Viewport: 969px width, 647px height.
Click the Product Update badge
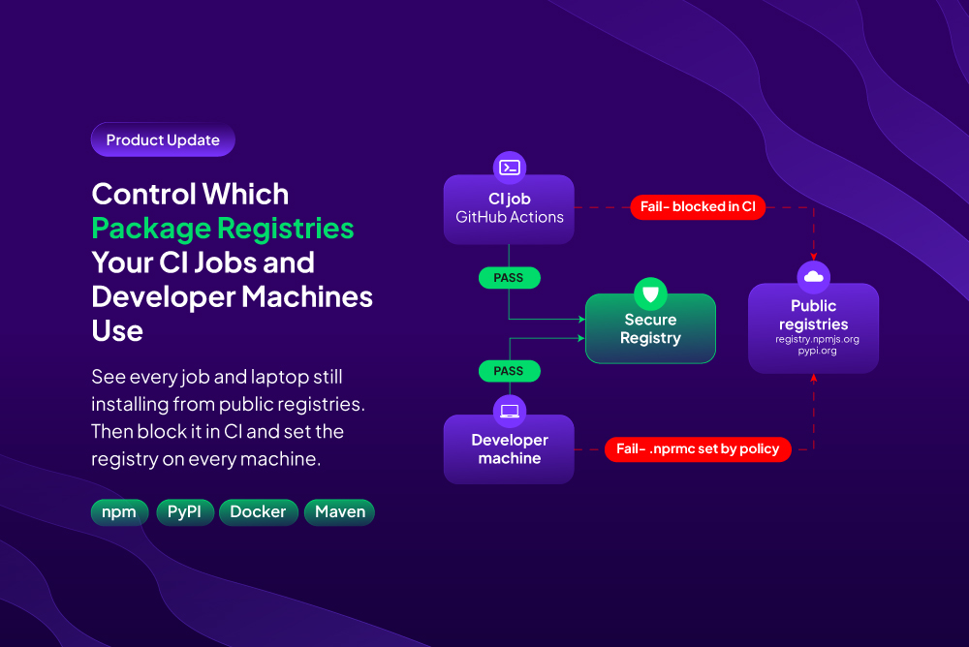[x=163, y=139]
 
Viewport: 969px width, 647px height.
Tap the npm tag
[x=119, y=512]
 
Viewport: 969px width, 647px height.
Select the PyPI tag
[x=185, y=512]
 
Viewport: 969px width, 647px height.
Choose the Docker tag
[x=259, y=512]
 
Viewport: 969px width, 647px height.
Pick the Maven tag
[x=340, y=512]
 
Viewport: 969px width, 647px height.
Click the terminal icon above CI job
[x=510, y=168]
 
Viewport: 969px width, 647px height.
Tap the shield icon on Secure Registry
[x=650, y=293]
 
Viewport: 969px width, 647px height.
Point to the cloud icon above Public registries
[x=813, y=277]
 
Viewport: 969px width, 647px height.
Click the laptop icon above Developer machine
[x=510, y=411]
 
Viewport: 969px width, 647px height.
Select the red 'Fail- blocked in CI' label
[x=698, y=207]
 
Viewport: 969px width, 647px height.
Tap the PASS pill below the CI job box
[x=510, y=278]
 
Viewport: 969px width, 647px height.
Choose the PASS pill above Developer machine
[x=510, y=371]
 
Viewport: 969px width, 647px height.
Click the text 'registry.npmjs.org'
[x=817, y=339]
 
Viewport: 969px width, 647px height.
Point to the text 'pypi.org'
[x=817, y=351]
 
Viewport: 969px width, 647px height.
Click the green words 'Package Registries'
[x=223, y=229]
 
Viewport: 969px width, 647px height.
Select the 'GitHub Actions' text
[x=510, y=217]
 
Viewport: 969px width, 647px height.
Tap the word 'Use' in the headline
[x=117, y=330]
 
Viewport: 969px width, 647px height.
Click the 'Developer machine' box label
[x=510, y=449]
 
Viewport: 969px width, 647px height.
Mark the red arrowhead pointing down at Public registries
[x=813, y=257]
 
